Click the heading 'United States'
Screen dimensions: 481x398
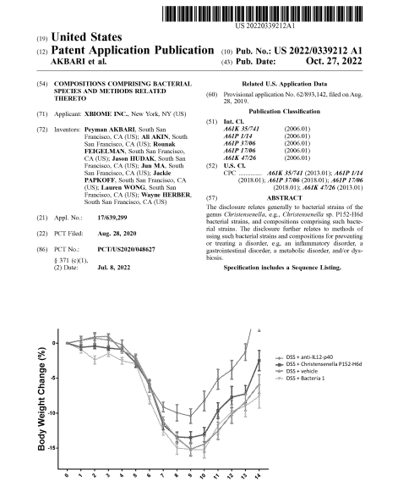pos(85,38)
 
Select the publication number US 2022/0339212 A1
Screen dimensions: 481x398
pos(319,52)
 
